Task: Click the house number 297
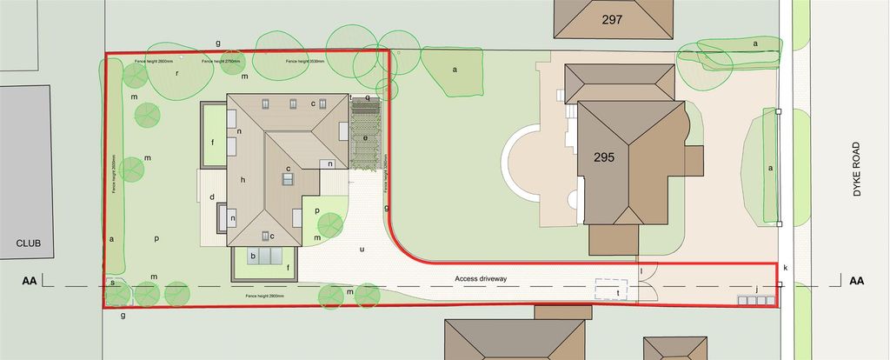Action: [612, 18]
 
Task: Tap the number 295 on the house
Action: [605, 157]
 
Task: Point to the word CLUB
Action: [28, 243]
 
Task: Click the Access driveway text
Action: [481, 278]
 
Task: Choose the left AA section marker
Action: [30, 281]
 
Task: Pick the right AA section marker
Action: [856, 281]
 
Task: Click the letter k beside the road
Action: [786, 267]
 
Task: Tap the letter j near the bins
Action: [757, 289]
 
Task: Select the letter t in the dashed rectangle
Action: [617, 293]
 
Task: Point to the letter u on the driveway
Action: [362, 250]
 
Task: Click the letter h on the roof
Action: [244, 180]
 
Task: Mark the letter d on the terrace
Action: [212, 197]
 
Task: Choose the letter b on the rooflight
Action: [253, 256]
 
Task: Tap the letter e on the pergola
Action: [365, 137]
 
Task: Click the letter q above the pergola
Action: [368, 98]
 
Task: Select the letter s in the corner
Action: [112, 282]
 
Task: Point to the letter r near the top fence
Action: [176, 74]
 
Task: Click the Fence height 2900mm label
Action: [265, 297]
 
